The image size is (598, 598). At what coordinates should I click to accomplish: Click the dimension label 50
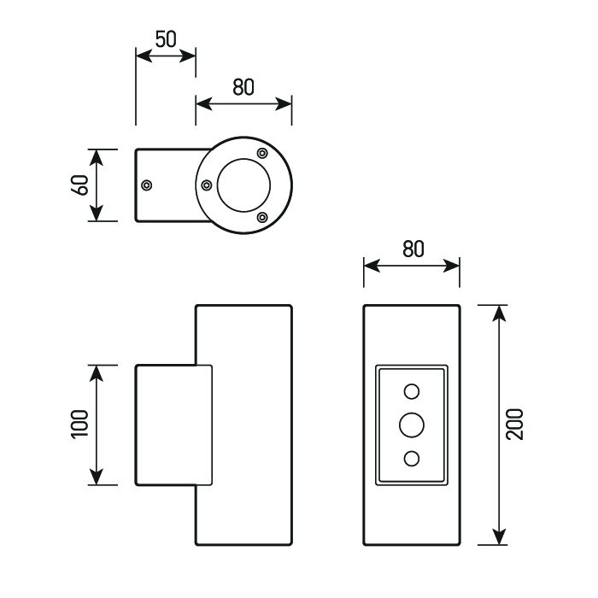[166, 38]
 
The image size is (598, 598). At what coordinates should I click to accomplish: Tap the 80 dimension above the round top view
[243, 87]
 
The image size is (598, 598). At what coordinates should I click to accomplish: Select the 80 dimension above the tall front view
[413, 249]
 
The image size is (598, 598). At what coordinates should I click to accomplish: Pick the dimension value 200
[514, 425]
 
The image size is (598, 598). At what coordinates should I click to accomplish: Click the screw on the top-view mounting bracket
[147, 185]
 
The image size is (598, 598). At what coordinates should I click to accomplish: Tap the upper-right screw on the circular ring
[262, 154]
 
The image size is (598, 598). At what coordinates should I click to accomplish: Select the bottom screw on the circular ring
[262, 217]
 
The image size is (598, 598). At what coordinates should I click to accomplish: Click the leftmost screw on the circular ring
[206, 185]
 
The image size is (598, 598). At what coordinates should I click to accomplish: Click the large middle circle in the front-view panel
[412, 425]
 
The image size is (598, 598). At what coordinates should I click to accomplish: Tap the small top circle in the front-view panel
[412, 391]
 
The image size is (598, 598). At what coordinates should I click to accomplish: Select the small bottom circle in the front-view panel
[412, 459]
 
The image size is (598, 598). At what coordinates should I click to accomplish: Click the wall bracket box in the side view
[173, 425]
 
